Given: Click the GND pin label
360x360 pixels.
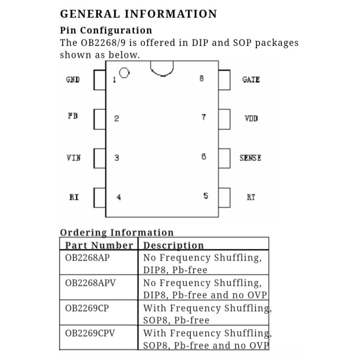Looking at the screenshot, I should point(73,80).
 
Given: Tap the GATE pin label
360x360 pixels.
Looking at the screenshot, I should point(251,79).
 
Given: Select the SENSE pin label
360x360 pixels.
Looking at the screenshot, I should point(250,158).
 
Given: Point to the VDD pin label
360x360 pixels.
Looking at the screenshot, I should point(251,119).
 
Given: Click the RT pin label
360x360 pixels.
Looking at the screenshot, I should point(251,197).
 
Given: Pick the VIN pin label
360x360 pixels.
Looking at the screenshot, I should point(73,158).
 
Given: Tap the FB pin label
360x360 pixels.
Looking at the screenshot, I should point(73,116).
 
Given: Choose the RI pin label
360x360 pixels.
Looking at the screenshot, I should point(74,197).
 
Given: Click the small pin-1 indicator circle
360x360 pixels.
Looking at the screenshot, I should point(125,72).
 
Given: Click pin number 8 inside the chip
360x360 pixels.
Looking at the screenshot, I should point(201,78).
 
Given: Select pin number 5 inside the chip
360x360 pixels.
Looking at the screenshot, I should point(206,196).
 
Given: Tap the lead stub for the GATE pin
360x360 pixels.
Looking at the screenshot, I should point(224,80).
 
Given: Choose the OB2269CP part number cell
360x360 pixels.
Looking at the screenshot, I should point(87,308).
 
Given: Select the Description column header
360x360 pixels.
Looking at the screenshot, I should point(173,245).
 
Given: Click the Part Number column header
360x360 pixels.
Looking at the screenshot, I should point(99,245).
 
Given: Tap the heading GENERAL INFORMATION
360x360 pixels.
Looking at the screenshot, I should point(138,13).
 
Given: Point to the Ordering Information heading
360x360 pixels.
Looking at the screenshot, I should point(117,233).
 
